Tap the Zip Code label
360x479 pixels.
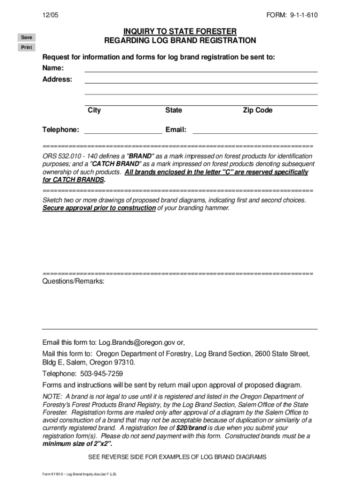pyautogui.click(x=257, y=110)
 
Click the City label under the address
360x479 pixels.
pyautogui.click(x=94, y=110)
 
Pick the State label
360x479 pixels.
pyautogui.click(x=173, y=110)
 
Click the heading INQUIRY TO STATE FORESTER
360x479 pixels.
pyautogui.click(x=180, y=31)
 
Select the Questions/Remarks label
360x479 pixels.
pyautogui.click(x=73, y=282)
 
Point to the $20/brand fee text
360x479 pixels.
pyautogui.click(x=191, y=428)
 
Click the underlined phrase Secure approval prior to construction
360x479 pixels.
pyautogui.click(x=99, y=208)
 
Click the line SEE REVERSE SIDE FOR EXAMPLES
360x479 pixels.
pyautogui.click(x=180, y=457)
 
